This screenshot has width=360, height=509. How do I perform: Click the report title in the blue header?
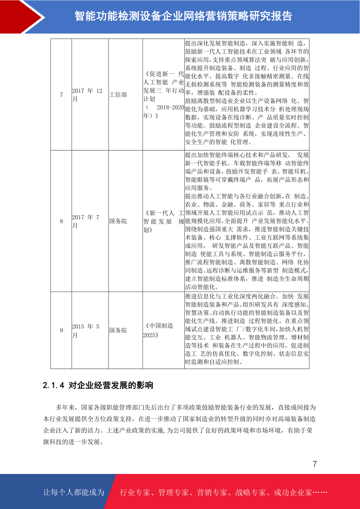[x=183, y=16]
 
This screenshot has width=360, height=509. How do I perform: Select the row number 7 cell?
[x=61, y=95]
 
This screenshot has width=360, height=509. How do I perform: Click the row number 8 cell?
[x=61, y=221]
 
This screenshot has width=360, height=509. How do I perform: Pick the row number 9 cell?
[x=61, y=330]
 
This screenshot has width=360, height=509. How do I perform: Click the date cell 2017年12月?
[x=87, y=95]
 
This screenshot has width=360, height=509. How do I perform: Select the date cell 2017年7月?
[x=86, y=221]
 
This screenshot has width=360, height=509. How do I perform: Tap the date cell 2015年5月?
[x=86, y=331]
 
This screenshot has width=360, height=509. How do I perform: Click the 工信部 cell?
[x=118, y=95]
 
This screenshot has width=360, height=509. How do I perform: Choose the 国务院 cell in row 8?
[x=118, y=221]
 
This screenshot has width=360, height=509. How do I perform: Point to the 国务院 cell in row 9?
[x=118, y=330]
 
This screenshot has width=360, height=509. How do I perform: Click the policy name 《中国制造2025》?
[x=159, y=330]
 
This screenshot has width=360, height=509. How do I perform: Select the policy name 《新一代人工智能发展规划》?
[x=164, y=221]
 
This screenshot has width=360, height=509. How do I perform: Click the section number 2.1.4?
[x=54, y=385]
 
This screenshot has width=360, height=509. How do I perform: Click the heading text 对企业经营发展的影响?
[x=111, y=385]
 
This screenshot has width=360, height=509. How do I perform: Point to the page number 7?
[x=315, y=464]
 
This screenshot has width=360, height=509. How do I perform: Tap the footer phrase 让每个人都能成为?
[x=74, y=492]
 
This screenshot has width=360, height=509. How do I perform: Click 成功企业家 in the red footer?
[x=293, y=493]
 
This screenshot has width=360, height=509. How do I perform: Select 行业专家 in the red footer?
[x=135, y=493]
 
